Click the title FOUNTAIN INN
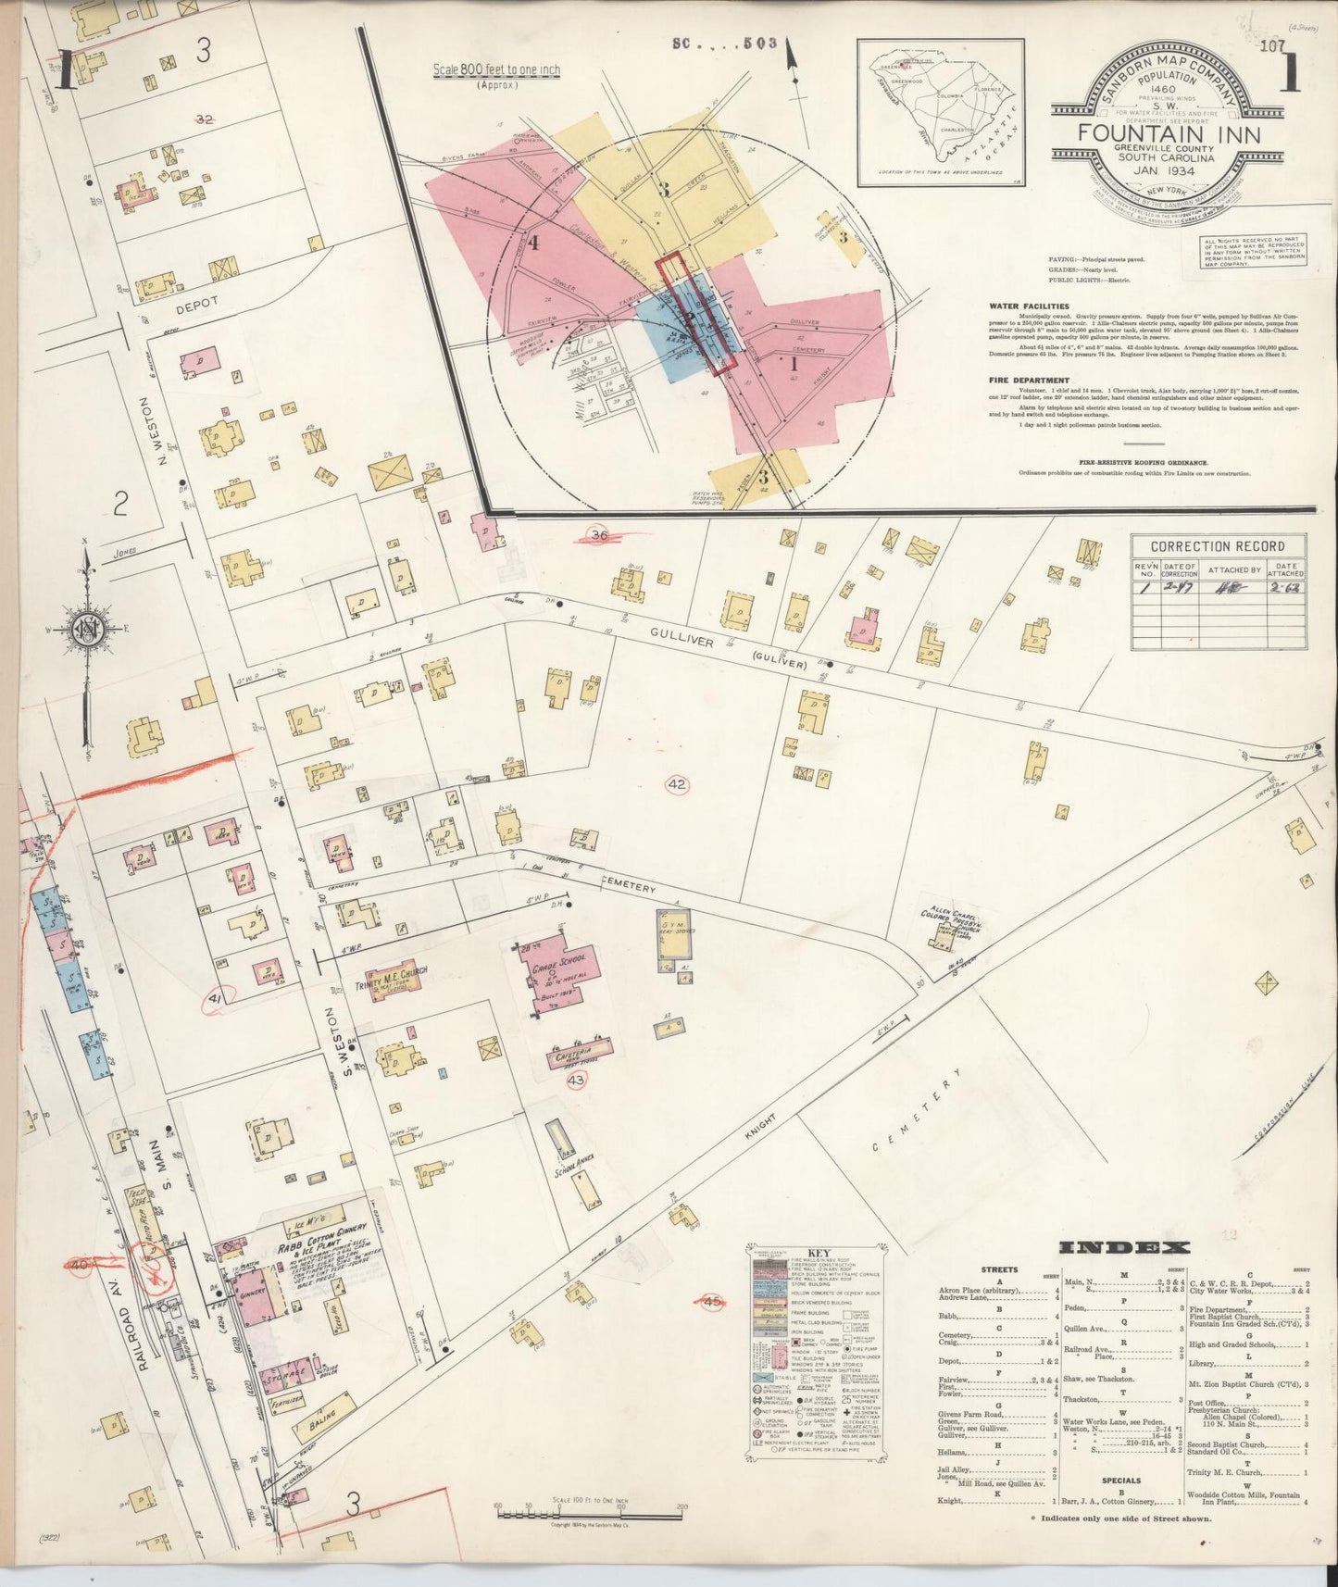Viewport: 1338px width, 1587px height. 1168,132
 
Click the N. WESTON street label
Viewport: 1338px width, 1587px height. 168,432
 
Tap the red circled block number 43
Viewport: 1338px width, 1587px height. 576,1080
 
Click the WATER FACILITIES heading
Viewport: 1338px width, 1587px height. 1028,306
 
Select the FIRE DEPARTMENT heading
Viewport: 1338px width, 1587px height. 1029,381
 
